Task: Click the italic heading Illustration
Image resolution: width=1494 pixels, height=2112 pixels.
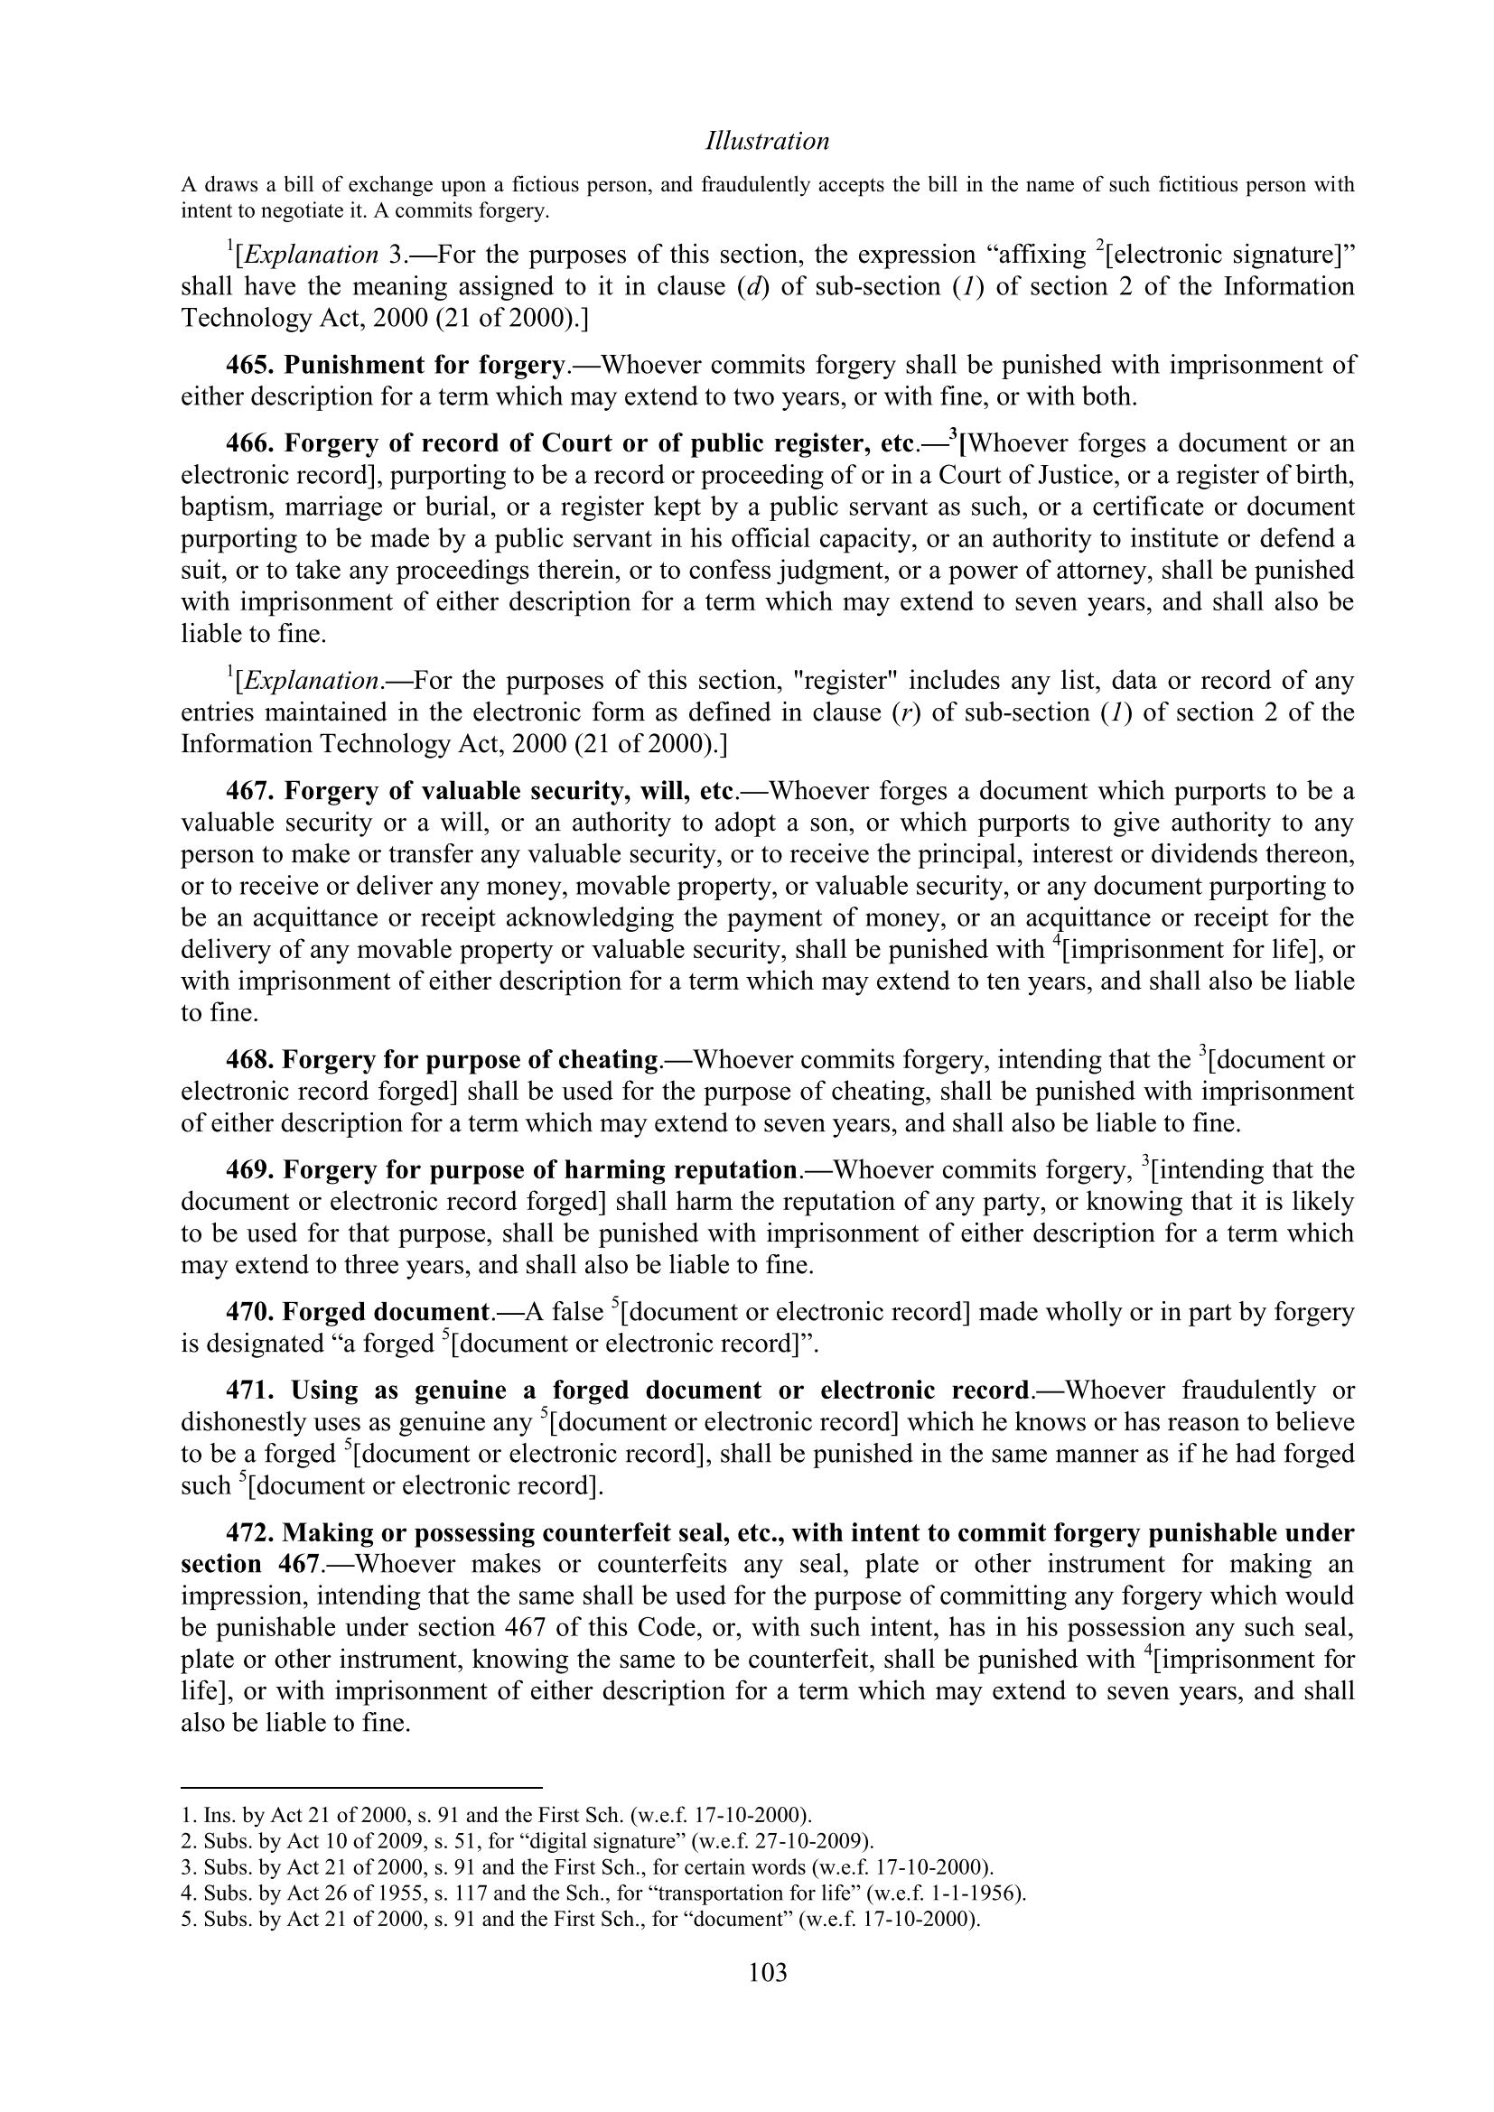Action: coord(767,141)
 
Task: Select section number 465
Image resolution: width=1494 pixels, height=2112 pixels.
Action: coord(250,365)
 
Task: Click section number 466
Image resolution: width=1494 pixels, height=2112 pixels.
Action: coord(250,443)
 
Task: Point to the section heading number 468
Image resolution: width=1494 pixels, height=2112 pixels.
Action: coord(249,1060)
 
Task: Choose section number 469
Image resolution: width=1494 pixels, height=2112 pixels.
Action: coord(250,1170)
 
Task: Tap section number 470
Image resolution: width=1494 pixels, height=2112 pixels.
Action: coord(249,1312)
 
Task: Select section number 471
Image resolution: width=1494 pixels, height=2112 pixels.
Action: coord(250,1390)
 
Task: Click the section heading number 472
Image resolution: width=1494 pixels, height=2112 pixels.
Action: coord(249,1532)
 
